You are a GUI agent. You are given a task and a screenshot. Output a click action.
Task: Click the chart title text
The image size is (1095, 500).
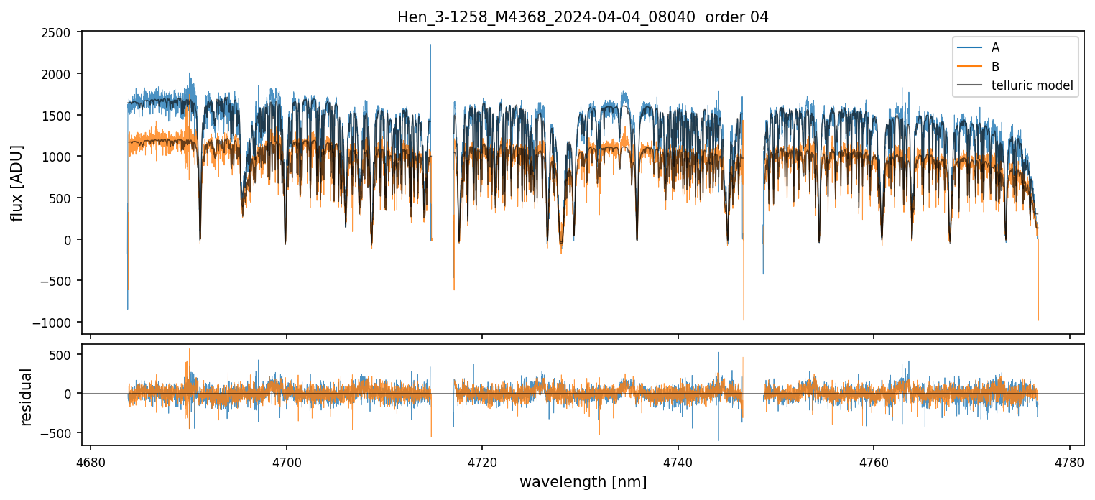[x=583, y=17]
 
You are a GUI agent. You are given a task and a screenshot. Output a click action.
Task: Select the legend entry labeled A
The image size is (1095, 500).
[x=995, y=47]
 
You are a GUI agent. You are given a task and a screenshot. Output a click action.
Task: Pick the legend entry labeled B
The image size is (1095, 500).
[x=995, y=66]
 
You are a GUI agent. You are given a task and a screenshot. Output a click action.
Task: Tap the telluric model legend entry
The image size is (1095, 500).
[x=1032, y=85]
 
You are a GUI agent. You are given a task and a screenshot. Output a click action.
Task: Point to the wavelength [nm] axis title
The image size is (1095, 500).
[x=583, y=482]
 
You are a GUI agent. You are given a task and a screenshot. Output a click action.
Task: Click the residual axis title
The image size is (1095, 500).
[x=27, y=397]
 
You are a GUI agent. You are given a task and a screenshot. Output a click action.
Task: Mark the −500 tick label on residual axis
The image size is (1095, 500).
[x=57, y=433]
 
